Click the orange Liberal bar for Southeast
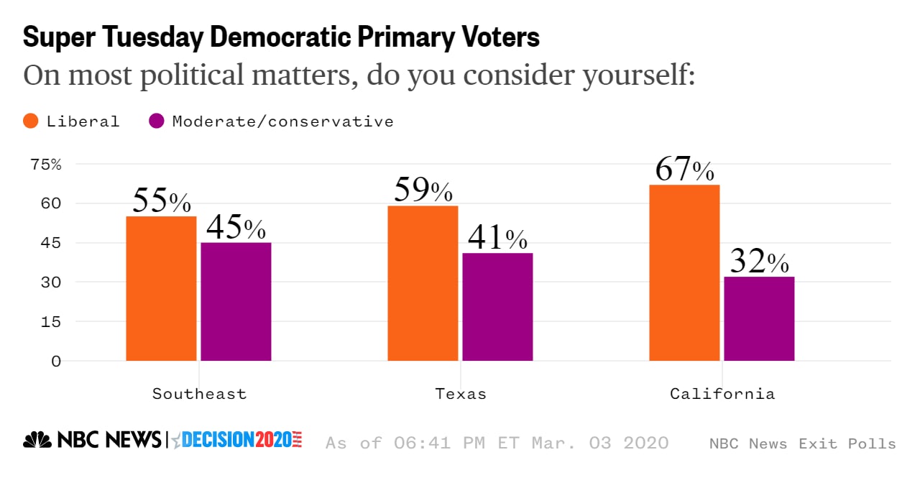[x=161, y=288]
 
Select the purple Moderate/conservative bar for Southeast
[x=236, y=301]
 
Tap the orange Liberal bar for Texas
[x=423, y=283]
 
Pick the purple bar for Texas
[x=497, y=307]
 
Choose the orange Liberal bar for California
[x=684, y=272]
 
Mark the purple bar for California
[x=759, y=318]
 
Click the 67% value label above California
[x=684, y=170]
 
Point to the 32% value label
[x=759, y=262]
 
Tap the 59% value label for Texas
[x=423, y=190]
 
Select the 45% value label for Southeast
[x=236, y=228]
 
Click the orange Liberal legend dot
[x=31, y=121]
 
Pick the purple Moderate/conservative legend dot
[x=157, y=121]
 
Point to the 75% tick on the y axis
[x=46, y=164]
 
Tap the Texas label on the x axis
[x=461, y=394]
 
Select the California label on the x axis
[x=722, y=394]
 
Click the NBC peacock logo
[x=37, y=440]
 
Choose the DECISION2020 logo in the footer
[x=238, y=440]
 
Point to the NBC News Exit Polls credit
[x=802, y=443]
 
